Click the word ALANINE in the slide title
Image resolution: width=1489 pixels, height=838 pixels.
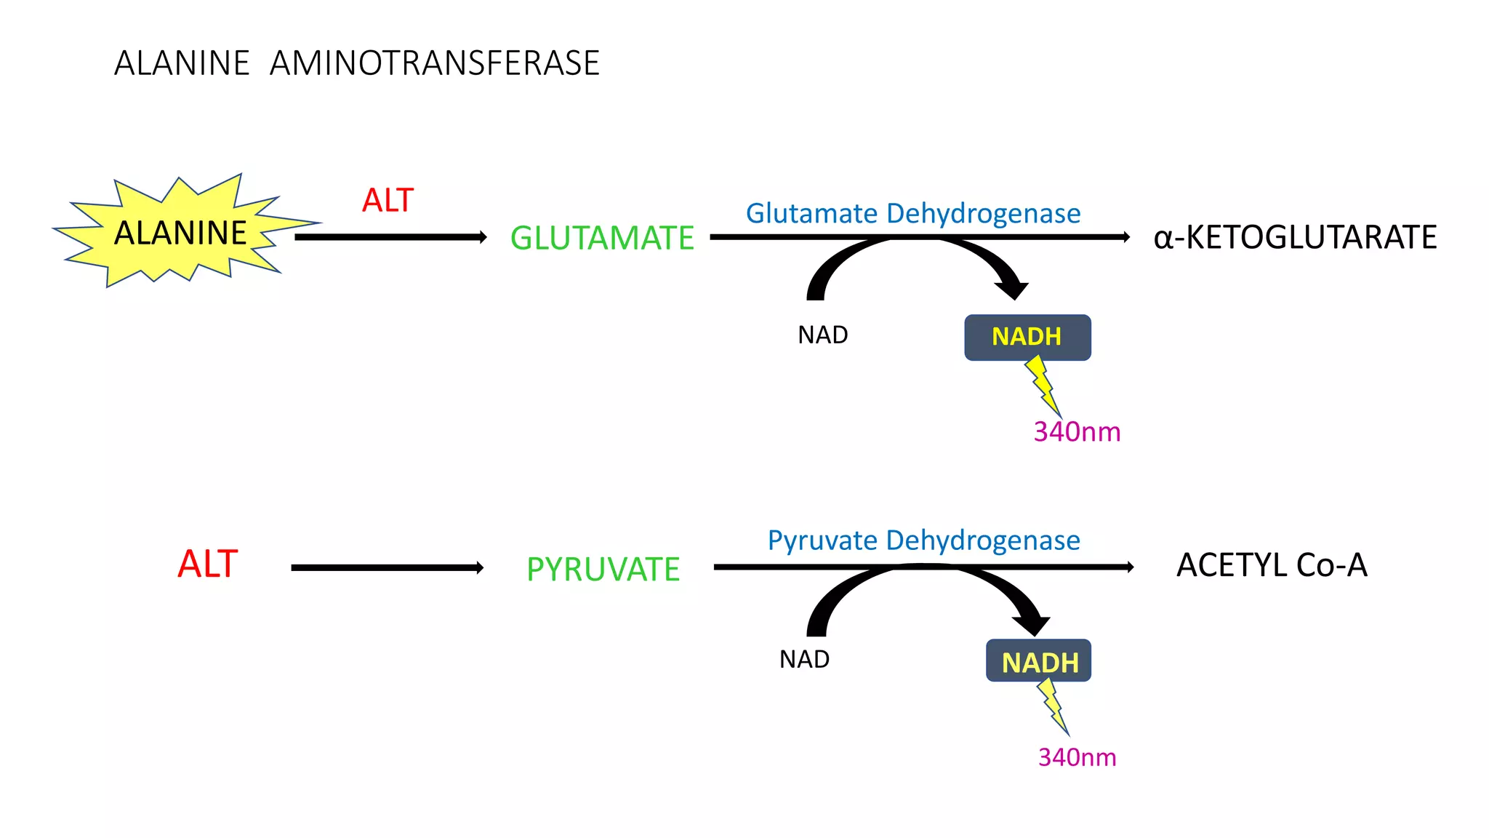[182, 63]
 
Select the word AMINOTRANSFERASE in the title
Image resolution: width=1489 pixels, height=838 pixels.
[434, 63]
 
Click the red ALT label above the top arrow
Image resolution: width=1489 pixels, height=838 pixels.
[388, 200]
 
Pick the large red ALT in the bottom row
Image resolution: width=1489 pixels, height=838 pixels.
[207, 564]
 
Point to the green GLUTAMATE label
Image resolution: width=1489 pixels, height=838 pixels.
[602, 238]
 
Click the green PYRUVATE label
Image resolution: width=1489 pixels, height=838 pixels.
[603, 569]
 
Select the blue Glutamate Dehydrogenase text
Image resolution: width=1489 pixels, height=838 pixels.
[913, 213]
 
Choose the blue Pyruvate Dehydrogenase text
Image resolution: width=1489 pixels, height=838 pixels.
[923, 540]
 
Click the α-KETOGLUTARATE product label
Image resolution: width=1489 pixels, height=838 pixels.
[1295, 237]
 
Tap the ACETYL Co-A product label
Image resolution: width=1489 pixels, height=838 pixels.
[1272, 565]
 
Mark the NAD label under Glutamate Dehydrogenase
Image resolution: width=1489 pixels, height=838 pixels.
[822, 335]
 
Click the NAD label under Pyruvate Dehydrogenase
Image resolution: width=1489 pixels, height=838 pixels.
[804, 659]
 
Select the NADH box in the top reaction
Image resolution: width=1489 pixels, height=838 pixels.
[1027, 337]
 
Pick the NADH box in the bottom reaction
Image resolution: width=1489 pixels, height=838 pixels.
[1038, 661]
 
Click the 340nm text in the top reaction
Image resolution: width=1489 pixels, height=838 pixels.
[1077, 432]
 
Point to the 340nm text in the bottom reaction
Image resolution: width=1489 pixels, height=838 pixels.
[1077, 757]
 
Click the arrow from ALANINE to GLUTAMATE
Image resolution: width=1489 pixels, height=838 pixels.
[390, 237]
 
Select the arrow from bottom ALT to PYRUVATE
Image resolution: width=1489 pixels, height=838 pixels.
[387, 567]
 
